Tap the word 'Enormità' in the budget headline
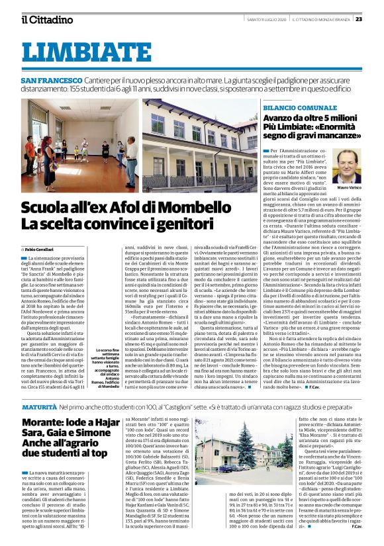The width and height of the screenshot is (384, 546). pos(338,130)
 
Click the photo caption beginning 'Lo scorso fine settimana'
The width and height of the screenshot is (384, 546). pos(102,368)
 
